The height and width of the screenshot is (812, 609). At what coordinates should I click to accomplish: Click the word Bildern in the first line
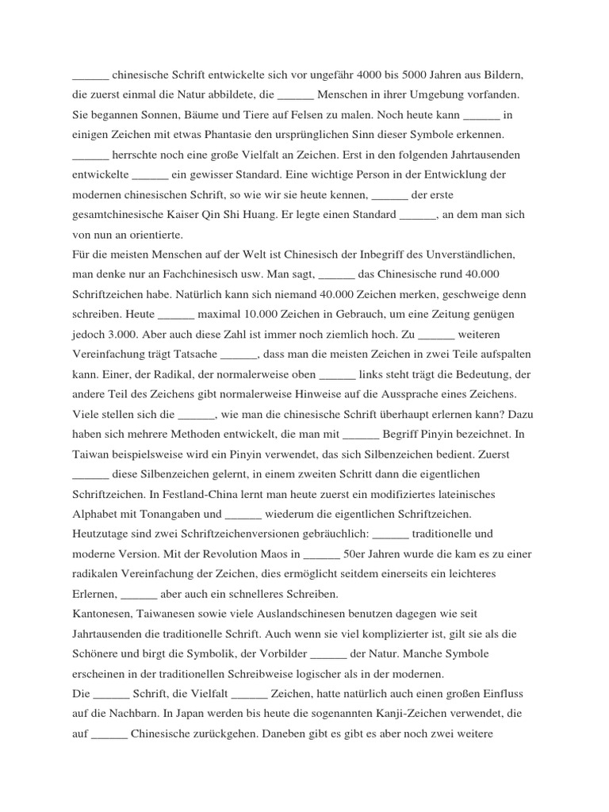pos(502,75)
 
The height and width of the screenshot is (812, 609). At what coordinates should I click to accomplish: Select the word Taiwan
pos(94,454)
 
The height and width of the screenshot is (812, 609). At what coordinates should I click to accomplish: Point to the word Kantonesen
pos(101,613)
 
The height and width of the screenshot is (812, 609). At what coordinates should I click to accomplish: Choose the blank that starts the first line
pos(90,75)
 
